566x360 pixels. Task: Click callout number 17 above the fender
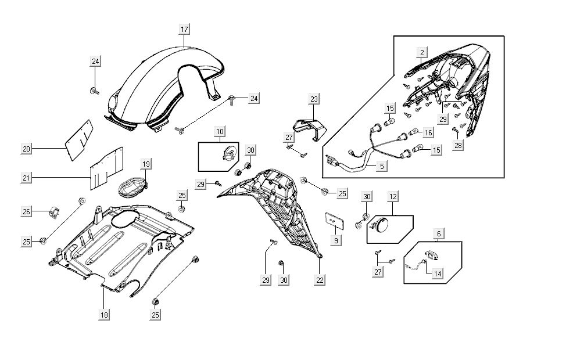point(184,29)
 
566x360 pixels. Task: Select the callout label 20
point(26,149)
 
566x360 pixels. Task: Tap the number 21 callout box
point(26,177)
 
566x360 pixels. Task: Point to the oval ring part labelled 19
point(132,187)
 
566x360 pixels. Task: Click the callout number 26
point(26,212)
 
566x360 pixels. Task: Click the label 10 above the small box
point(220,132)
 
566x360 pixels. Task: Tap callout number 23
point(314,99)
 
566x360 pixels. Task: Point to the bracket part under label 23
point(308,127)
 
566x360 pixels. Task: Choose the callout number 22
point(320,280)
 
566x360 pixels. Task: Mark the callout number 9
point(335,239)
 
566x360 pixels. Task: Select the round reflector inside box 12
point(384,226)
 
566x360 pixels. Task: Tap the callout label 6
point(439,233)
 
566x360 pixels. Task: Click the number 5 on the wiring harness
point(381,166)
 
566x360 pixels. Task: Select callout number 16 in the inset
point(428,132)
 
